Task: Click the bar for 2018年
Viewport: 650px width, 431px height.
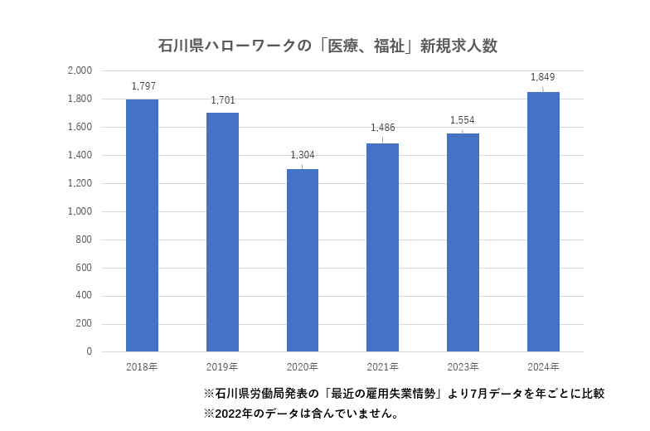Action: (x=142, y=225)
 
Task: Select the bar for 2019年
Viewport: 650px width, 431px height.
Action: (x=222, y=232)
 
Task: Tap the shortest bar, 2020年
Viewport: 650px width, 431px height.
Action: (x=303, y=260)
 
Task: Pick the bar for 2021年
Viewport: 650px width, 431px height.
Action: (x=383, y=247)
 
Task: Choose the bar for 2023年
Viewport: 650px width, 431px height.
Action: (x=463, y=242)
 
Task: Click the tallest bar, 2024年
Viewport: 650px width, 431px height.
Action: (x=543, y=221)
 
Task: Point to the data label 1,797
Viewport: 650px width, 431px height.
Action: (x=143, y=86)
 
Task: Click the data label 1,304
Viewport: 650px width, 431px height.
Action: (x=303, y=155)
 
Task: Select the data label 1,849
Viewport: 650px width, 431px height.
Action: (x=543, y=78)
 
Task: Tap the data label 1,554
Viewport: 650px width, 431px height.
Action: (x=463, y=120)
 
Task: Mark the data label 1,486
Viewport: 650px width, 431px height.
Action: (x=383, y=128)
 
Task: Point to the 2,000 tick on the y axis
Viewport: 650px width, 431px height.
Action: (x=80, y=71)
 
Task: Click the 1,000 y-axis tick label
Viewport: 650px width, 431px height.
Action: (x=80, y=211)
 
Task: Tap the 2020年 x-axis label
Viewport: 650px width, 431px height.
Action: (x=303, y=366)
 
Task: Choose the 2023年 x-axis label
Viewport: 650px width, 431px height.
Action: (x=463, y=366)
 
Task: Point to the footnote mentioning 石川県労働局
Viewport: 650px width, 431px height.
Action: (x=404, y=394)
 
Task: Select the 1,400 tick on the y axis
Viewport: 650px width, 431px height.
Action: (x=80, y=155)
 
